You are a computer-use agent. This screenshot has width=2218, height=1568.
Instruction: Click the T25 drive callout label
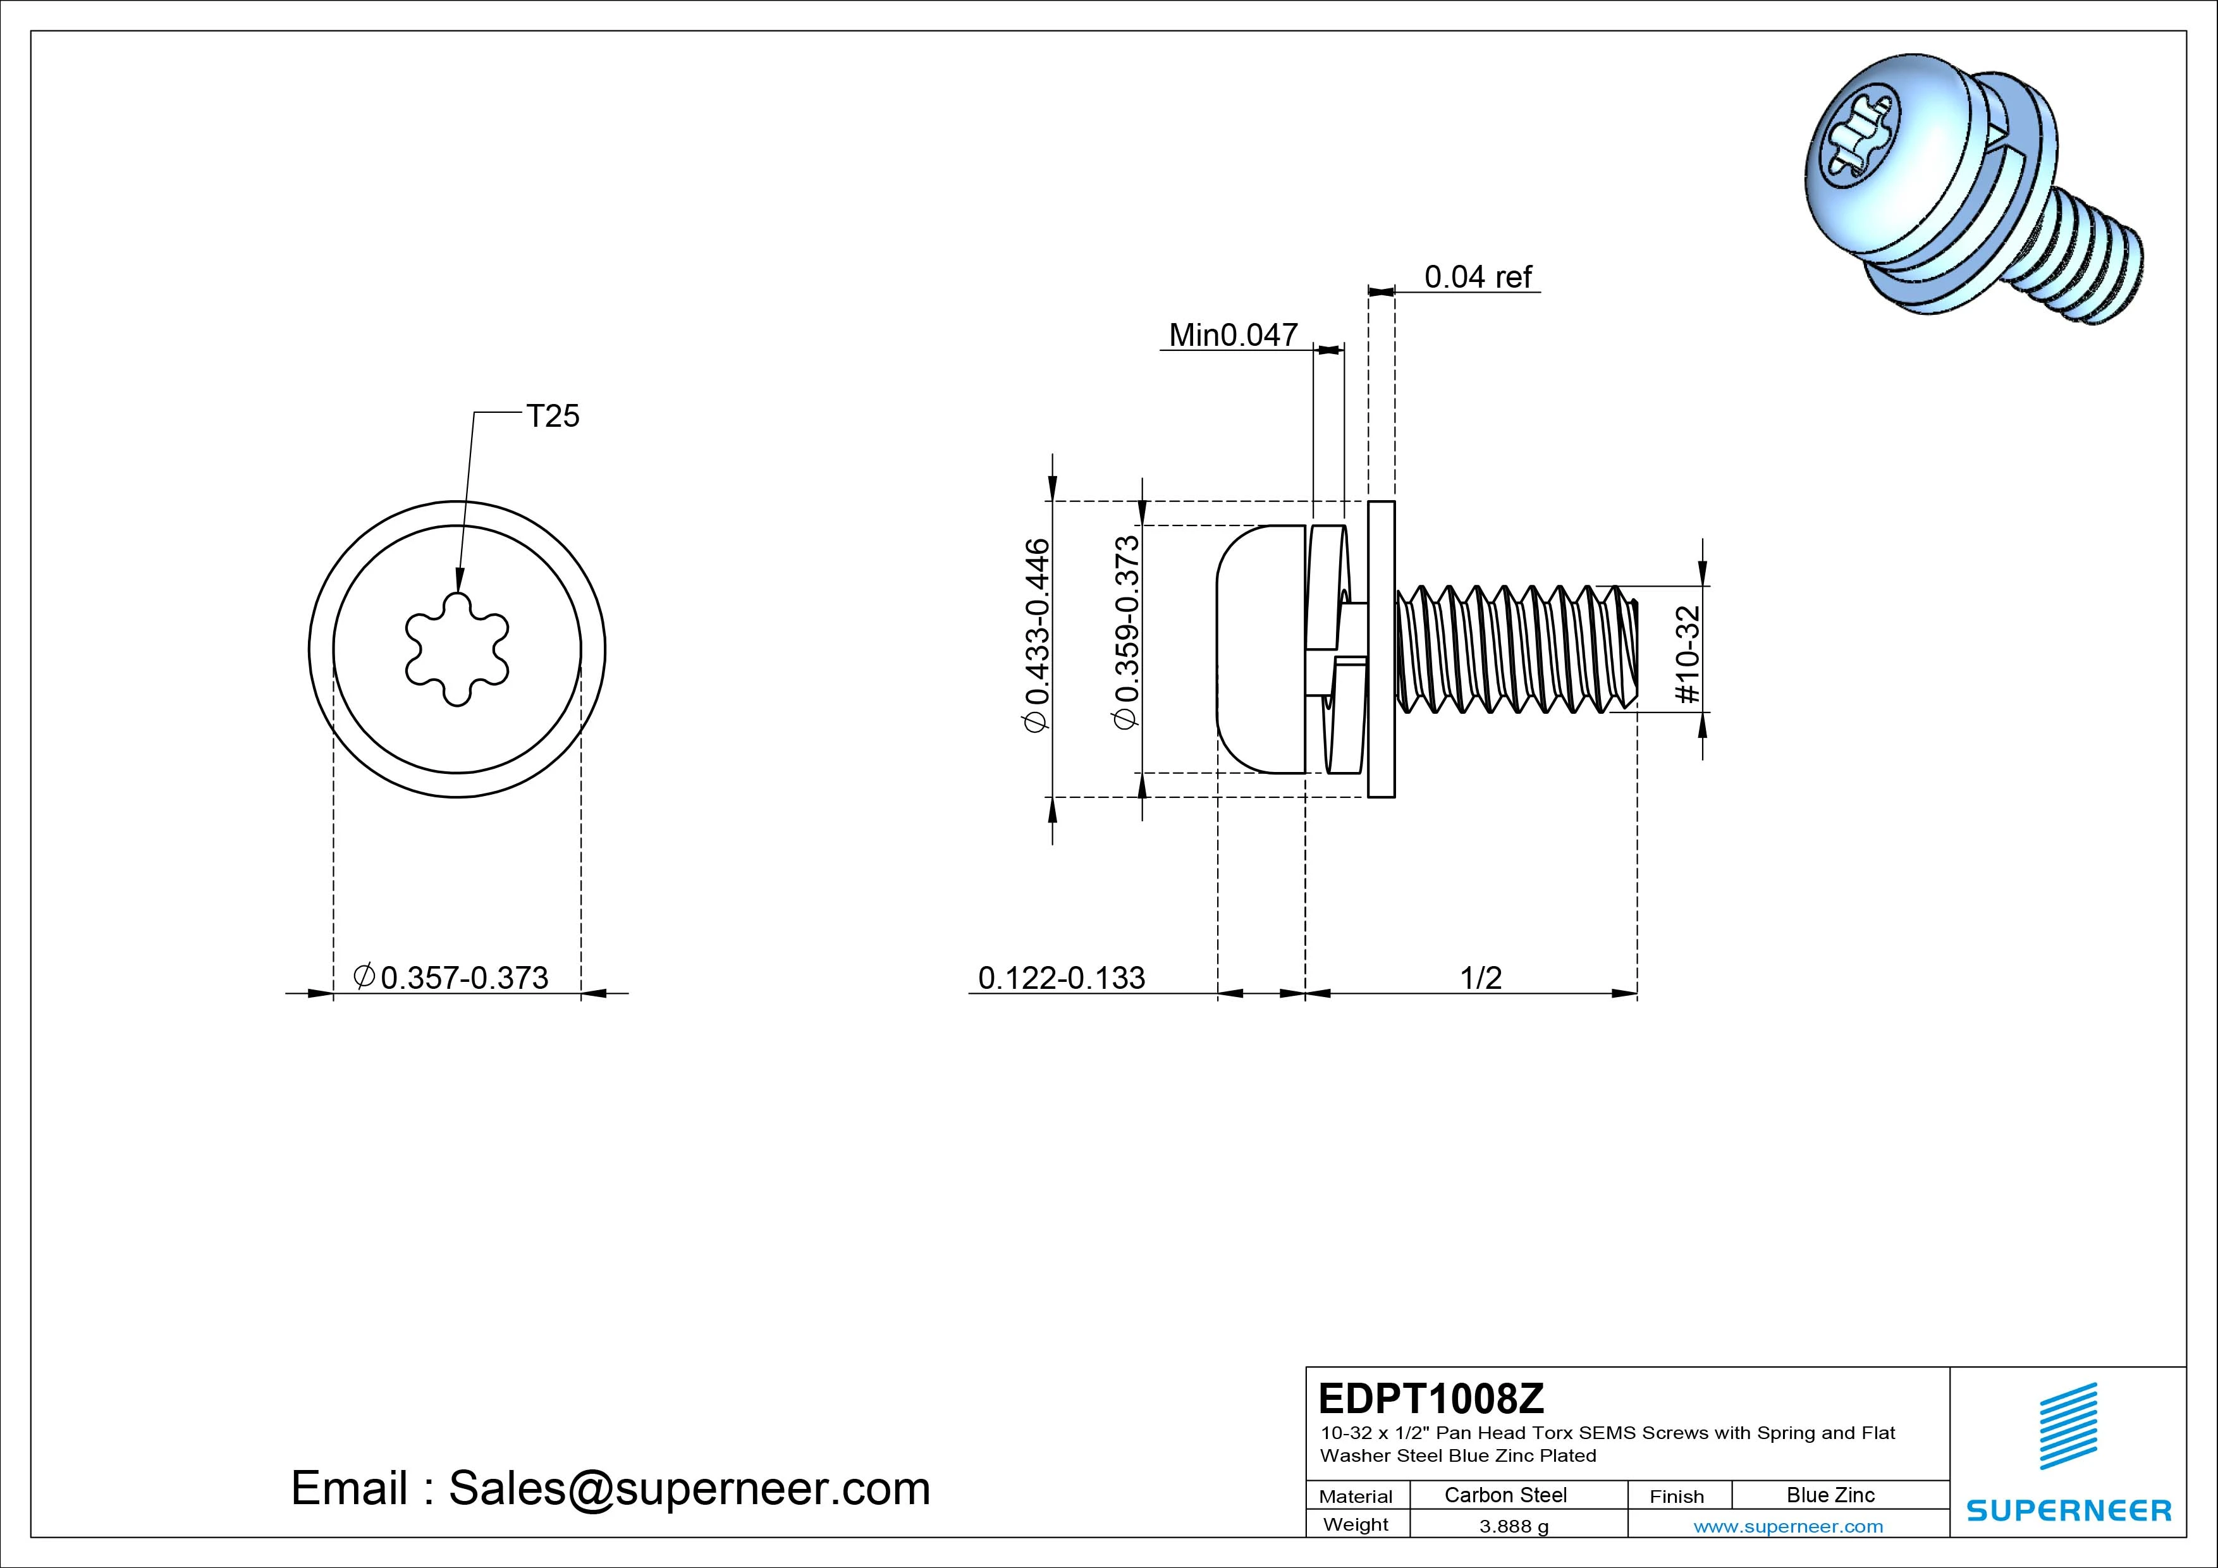coord(553,417)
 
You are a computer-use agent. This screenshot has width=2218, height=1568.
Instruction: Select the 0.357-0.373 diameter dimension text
coord(452,977)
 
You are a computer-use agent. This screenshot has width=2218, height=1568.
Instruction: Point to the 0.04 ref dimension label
coord(1478,278)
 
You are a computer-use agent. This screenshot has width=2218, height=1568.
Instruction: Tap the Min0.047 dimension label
coord(1233,335)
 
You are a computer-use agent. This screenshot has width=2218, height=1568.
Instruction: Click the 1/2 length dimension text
coord(1480,977)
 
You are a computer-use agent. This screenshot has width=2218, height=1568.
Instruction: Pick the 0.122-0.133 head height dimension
coord(1061,977)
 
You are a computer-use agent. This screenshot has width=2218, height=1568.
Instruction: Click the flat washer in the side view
coord(1382,649)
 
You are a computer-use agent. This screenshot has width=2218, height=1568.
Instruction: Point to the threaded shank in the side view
coord(1517,649)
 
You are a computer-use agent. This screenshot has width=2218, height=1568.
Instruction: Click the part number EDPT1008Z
coord(1431,1398)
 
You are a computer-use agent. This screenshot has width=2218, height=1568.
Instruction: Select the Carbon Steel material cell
coord(1505,1495)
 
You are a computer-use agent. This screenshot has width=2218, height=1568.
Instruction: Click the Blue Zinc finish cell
coord(1830,1495)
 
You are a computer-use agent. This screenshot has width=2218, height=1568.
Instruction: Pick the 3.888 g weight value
coord(1514,1526)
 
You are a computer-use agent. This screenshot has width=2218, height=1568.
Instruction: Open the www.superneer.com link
coord(1788,1526)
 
